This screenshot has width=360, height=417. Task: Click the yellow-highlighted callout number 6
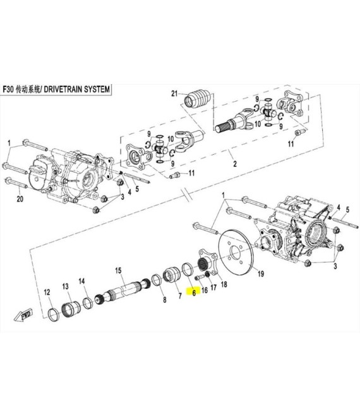coord(194,293)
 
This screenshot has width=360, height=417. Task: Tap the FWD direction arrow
coord(24,315)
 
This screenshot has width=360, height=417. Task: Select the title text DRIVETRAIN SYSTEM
coord(76,89)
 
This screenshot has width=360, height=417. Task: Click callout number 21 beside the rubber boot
coord(174,94)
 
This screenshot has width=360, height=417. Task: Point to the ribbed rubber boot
coord(198,100)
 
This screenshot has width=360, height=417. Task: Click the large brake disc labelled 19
coord(236,251)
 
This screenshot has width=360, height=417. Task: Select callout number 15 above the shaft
coord(118,270)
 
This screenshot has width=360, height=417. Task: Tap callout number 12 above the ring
coord(47,293)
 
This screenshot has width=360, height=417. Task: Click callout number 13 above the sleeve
coord(66,286)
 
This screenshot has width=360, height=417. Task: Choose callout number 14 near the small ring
coord(81,281)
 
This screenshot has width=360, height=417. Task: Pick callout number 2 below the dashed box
coord(235,164)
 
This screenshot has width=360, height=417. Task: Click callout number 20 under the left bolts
coord(20,198)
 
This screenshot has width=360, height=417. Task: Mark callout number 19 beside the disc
coord(261,274)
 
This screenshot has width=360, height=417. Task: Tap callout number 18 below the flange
coord(224,284)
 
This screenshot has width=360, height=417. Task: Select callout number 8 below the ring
coord(165,299)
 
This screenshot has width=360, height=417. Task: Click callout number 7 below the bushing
coord(180,296)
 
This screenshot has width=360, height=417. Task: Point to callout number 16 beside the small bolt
coord(205,290)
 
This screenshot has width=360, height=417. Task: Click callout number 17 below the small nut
coord(213,287)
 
